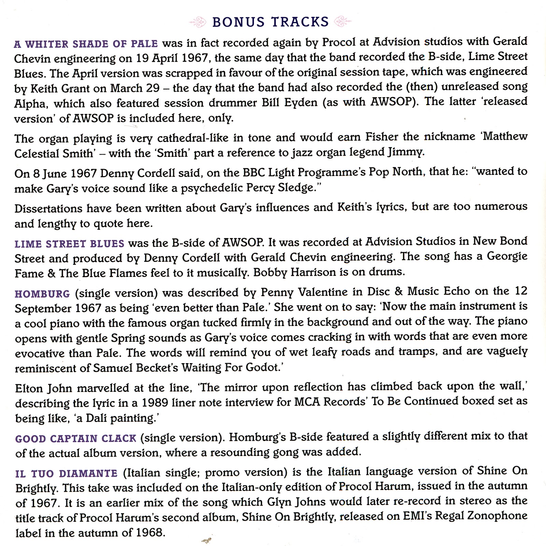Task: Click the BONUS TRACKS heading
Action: pyautogui.click(x=270, y=22)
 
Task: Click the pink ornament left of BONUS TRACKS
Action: pyautogui.click(x=198, y=23)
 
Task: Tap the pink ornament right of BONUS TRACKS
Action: pyautogui.click(x=343, y=22)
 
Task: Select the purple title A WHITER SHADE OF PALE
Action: pyautogui.click(x=86, y=44)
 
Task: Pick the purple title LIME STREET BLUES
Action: pyautogui.click(x=69, y=244)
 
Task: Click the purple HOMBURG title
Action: pyautogui.click(x=42, y=293)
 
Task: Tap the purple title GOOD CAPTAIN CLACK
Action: pyautogui.click(x=75, y=438)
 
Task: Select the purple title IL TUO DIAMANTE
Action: pyautogui.click(x=66, y=473)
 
